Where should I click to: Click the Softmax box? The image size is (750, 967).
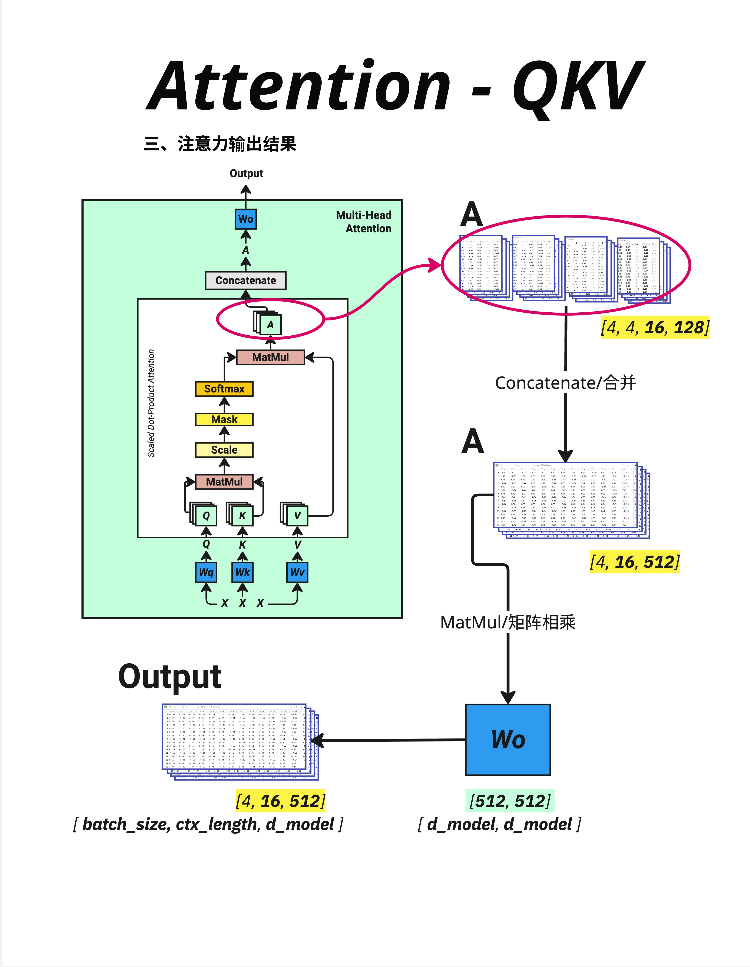224,389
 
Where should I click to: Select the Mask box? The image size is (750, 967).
224,419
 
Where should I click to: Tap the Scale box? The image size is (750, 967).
224,450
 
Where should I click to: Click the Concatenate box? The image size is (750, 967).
246,280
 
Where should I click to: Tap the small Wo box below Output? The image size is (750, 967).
246,219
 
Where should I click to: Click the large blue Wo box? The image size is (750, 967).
508,739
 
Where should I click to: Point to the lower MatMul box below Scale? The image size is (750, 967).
224,482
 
